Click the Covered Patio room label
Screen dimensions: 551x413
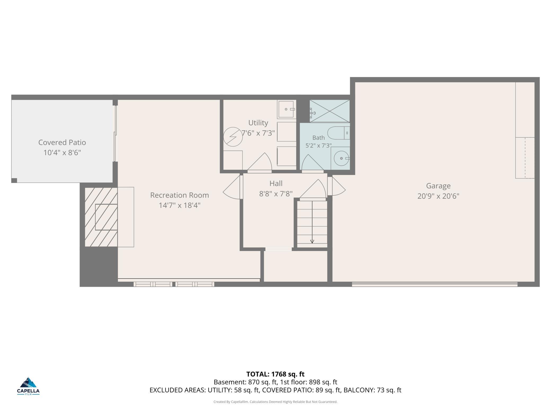(x=62, y=142)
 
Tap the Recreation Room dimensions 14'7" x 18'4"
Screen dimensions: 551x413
(x=180, y=205)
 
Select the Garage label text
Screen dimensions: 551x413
(x=438, y=186)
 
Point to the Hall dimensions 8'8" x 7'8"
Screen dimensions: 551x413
(x=276, y=194)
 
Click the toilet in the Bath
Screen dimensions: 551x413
(x=339, y=133)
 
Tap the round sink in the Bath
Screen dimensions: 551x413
(x=341, y=158)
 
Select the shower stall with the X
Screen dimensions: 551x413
(x=330, y=111)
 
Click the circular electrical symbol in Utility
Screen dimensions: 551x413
(x=233, y=137)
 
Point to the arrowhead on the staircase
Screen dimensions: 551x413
(x=312, y=241)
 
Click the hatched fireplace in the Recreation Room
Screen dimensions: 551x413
(x=101, y=217)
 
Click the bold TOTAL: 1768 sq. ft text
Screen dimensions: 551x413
(x=275, y=374)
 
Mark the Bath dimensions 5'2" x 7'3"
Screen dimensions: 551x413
(x=318, y=145)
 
